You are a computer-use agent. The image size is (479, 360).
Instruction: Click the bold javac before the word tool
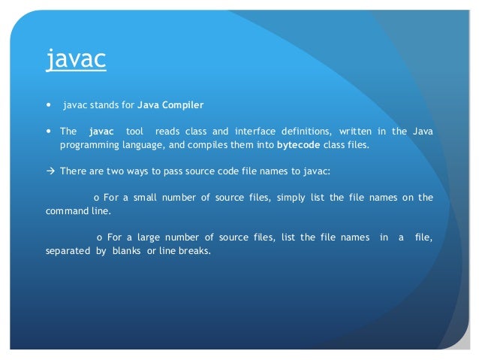coord(101,132)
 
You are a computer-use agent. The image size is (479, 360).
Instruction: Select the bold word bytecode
coord(299,144)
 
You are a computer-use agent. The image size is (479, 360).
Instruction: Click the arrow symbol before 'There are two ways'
coord(50,171)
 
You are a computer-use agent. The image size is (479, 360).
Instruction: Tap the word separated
coord(67,251)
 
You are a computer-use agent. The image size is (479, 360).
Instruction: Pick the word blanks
coord(126,251)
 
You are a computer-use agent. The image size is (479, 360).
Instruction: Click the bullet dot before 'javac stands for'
coord(49,103)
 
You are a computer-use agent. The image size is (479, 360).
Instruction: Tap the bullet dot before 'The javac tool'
coord(49,132)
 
